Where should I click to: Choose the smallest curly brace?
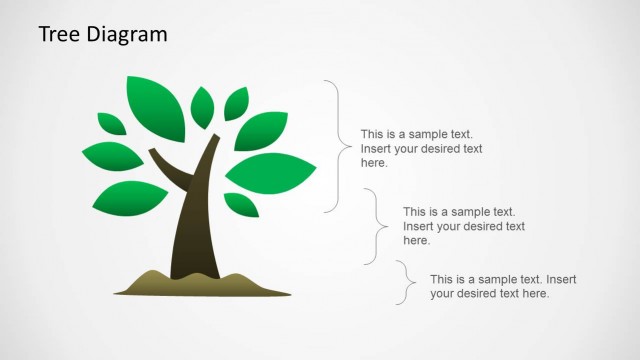pos(404,282)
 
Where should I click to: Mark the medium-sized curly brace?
pos(376,226)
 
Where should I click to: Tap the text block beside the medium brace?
pos(463,226)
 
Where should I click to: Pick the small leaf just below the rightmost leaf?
pos(241,204)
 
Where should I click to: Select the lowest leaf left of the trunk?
pos(133,199)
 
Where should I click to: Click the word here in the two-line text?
pos(534,294)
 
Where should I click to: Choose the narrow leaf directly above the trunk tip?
pos(202,106)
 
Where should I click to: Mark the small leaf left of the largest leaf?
pos(111,123)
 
